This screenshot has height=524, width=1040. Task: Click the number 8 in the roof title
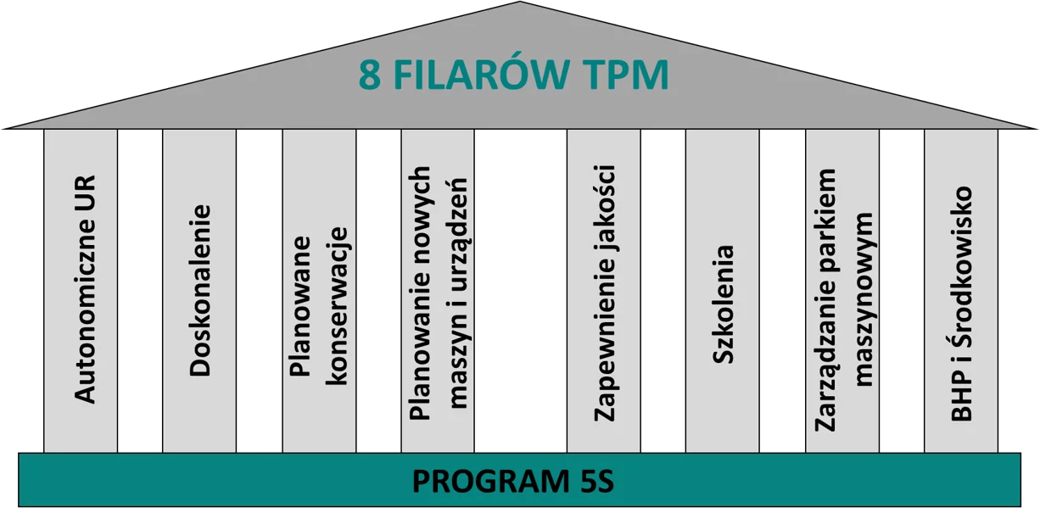point(369,75)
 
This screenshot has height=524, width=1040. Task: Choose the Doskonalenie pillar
point(200,289)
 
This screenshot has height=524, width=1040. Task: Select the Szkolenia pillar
point(723,304)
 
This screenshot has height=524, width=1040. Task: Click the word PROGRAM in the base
point(480,482)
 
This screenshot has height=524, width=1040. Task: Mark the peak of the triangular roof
point(519,4)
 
